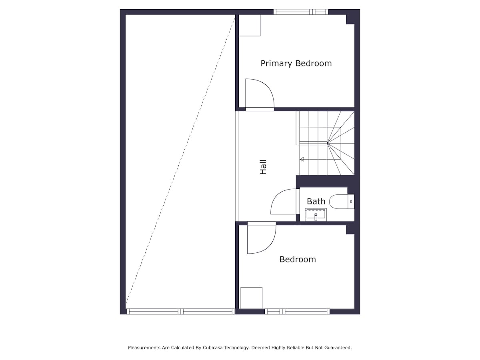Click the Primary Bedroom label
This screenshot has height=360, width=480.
click(x=296, y=63)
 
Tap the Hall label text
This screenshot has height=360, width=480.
click(x=263, y=167)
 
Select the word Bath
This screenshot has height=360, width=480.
click(x=316, y=201)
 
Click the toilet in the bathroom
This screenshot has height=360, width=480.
click(x=342, y=202)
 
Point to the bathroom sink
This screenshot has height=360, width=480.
click(x=316, y=215)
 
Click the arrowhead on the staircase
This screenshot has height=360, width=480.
click(x=302, y=159)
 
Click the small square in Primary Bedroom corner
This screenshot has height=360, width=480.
click(x=249, y=25)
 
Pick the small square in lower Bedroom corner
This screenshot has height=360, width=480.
click(x=251, y=298)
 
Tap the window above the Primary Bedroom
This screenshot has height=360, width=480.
click(x=301, y=12)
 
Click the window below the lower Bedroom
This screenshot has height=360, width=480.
click(x=297, y=312)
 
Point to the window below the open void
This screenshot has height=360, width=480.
click(x=181, y=312)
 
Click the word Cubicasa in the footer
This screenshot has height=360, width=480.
click(x=213, y=348)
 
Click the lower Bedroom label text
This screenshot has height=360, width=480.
click(x=298, y=260)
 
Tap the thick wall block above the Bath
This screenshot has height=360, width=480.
click(x=325, y=182)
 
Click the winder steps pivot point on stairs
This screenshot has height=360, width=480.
click(x=327, y=143)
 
